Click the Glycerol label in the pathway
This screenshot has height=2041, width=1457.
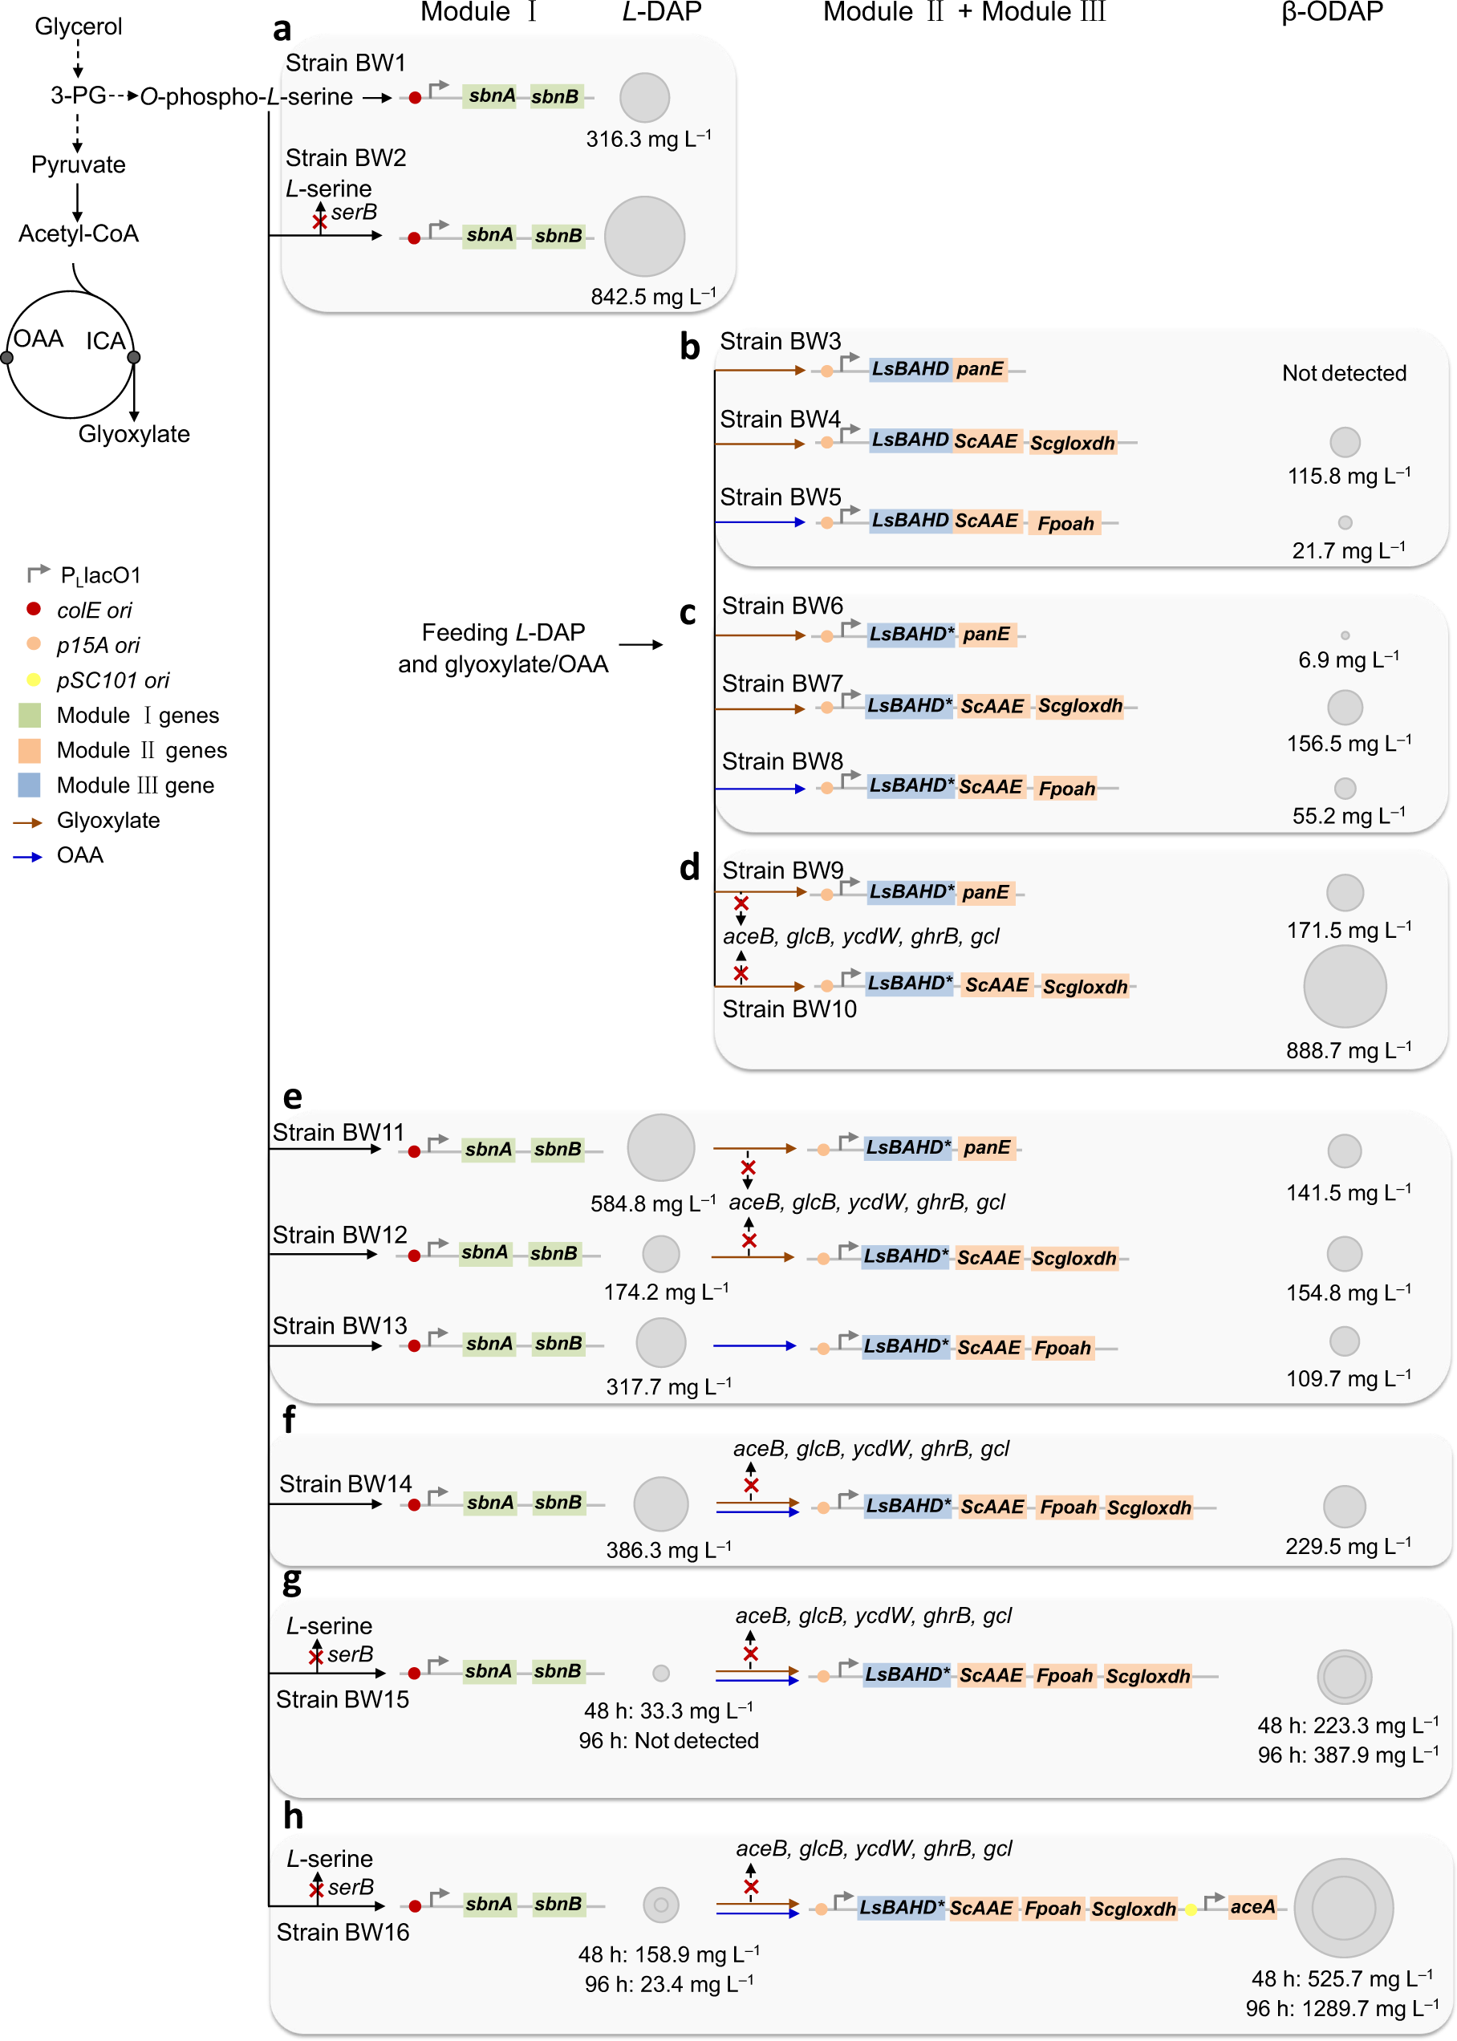pos(78,26)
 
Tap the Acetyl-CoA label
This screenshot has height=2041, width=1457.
pos(78,233)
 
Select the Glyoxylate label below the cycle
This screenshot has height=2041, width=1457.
pos(134,433)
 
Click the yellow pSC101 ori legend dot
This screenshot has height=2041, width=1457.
pos(33,680)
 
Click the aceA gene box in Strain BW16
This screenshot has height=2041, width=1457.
pos(1252,1906)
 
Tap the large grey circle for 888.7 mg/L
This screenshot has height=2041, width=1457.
pos(1344,986)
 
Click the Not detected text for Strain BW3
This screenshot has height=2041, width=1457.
pos(1343,373)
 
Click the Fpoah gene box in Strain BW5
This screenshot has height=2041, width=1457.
pos(1065,523)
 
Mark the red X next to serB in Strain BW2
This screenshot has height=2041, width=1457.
pos(319,222)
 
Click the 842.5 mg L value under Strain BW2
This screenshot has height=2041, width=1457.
pos(652,296)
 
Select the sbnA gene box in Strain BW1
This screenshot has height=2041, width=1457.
pos(491,96)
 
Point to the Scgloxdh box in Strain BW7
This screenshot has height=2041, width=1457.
pos(1079,706)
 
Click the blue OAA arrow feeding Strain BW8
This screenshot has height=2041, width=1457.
pos(760,789)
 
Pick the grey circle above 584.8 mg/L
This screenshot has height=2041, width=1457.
pos(660,1147)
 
